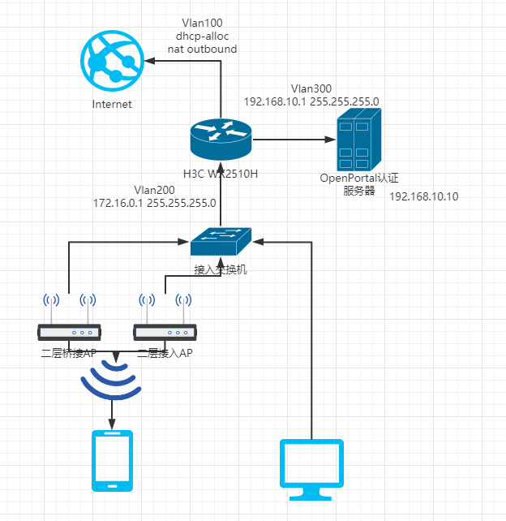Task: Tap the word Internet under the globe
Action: tap(112, 104)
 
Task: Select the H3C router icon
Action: tap(221, 139)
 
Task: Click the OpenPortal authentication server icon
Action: tap(358, 140)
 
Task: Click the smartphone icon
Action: tap(112, 460)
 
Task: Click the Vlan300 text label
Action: tap(311, 88)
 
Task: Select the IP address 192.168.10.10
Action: tap(424, 196)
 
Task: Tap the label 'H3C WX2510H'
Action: tap(221, 173)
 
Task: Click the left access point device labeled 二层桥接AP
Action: tap(70, 332)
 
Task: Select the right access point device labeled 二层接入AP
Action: tap(165, 332)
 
